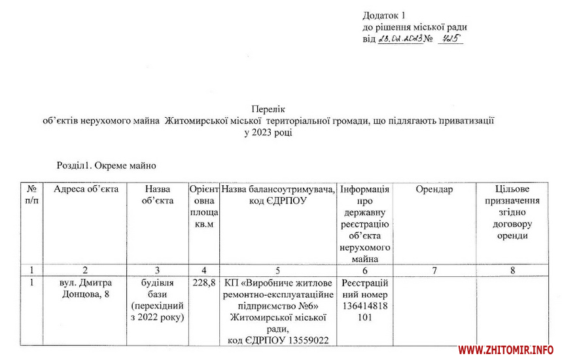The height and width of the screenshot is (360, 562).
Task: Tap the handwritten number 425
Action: pos(450,39)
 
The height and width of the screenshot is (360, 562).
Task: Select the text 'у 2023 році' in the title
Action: pos(268,132)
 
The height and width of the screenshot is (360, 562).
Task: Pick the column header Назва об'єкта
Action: pos(158,195)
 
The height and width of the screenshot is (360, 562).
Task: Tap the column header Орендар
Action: pos(434,190)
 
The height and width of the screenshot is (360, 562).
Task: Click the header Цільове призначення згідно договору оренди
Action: pos(512,212)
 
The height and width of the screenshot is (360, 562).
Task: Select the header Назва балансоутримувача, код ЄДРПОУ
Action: pos(279,195)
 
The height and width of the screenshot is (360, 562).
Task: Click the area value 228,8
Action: pos(204,283)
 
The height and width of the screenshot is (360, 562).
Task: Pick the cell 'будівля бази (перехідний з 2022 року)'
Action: pos(158,300)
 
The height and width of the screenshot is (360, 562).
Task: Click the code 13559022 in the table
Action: pos(304,340)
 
